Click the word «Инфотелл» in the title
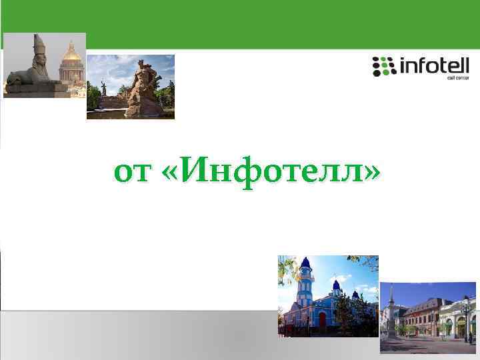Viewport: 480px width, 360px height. (x=270, y=173)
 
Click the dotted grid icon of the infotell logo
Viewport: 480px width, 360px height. (x=383, y=66)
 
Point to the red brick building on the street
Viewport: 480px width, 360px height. (x=427, y=313)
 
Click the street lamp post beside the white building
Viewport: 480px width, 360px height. (x=467, y=320)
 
